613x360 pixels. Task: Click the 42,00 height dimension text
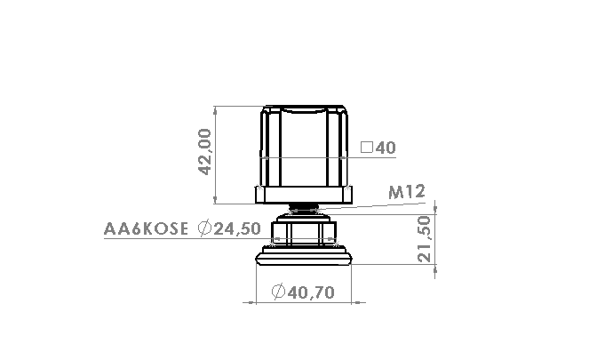click(x=205, y=152)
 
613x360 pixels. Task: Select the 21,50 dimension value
click(x=424, y=239)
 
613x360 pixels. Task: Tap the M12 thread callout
click(x=407, y=192)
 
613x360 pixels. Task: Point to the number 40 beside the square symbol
click(x=386, y=148)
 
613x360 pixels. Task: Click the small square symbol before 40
click(x=367, y=148)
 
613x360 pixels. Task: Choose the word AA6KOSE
click(x=146, y=228)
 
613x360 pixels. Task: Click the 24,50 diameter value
click(x=237, y=228)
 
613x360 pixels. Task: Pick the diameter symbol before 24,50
click(x=204, y=228)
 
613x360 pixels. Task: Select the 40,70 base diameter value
click(x=311, y=292)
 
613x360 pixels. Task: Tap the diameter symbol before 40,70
click(x=278, y=292)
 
